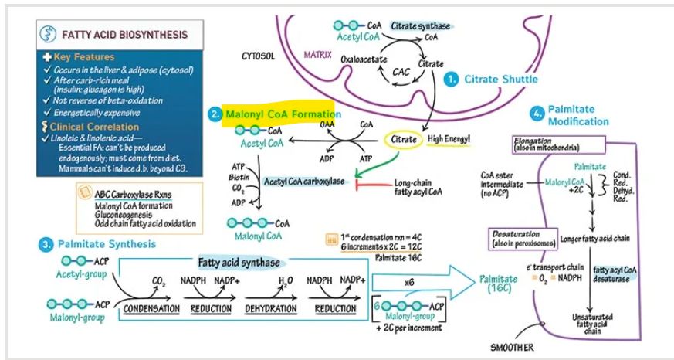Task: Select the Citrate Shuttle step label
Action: (501, 80)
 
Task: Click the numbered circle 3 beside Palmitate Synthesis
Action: (46, 245)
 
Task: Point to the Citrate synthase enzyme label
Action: (421, 26)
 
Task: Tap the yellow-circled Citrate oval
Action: (404, 139)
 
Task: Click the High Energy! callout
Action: (449, 139)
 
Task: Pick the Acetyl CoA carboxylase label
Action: (303, 182)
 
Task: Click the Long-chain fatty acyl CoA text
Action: (418, 187)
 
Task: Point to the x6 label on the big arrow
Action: (409, 283)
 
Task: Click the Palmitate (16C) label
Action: (498, 284)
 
